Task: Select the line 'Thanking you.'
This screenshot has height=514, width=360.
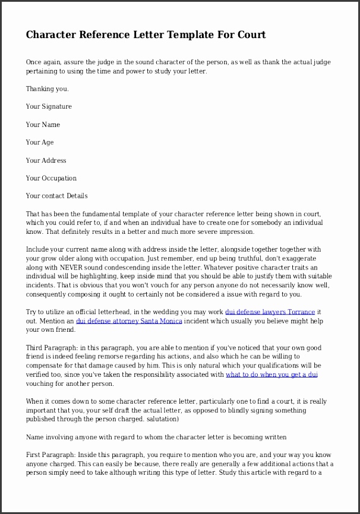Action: coord(47,89)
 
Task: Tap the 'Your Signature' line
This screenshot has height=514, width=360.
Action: coord(49,107)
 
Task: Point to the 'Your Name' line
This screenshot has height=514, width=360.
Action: coord(43,125)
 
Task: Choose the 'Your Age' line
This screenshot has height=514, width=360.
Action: coord(40,142)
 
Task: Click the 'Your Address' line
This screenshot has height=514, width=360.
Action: coord(46,160)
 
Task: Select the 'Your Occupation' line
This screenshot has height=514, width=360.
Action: coord(51,178)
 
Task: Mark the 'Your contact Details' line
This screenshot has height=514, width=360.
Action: coord(56,196)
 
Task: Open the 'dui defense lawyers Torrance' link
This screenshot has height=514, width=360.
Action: coord(270,312)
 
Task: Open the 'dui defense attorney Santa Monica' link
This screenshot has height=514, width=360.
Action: coord(129,321)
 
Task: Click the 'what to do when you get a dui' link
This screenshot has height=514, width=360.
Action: coord(271,375)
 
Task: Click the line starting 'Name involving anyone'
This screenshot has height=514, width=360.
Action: coord(156,437)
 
